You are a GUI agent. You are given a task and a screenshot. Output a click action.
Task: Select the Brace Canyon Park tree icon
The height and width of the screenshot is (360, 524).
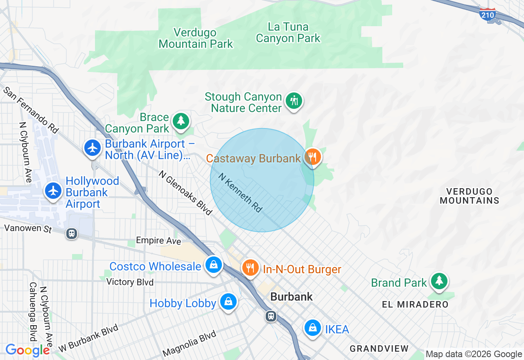181,121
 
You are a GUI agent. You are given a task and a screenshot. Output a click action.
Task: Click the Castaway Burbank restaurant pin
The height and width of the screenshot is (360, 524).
313,157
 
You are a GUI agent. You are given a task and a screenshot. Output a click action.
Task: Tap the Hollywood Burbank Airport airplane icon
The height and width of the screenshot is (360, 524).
53,191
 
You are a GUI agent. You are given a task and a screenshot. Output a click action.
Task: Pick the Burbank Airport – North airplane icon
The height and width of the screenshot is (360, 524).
93,148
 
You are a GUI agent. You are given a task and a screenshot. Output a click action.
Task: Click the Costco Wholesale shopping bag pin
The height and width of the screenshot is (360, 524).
213,265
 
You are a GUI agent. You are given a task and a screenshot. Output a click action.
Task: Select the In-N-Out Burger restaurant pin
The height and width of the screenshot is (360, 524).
250,268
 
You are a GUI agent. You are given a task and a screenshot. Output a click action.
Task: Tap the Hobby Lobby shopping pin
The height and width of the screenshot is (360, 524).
228,301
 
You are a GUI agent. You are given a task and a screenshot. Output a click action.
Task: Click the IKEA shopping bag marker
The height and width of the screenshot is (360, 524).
313,328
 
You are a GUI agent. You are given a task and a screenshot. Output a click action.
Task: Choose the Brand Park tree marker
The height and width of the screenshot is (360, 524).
439,281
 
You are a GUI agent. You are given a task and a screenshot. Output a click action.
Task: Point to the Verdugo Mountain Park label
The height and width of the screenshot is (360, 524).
196,38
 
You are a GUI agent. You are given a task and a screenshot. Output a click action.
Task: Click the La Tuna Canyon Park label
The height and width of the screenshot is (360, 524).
288,33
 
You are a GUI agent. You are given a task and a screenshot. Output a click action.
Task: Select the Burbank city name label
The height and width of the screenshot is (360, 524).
291,297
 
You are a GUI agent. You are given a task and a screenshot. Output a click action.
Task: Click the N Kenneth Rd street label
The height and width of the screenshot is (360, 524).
240,193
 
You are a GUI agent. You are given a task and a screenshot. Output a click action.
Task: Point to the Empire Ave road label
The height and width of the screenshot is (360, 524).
158,241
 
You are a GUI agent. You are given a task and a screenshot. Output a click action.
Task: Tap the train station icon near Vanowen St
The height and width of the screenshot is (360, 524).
72,234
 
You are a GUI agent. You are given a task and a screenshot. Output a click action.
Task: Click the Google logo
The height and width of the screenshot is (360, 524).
27,350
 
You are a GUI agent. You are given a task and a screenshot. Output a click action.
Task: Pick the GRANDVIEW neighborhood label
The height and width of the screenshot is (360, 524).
379,349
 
